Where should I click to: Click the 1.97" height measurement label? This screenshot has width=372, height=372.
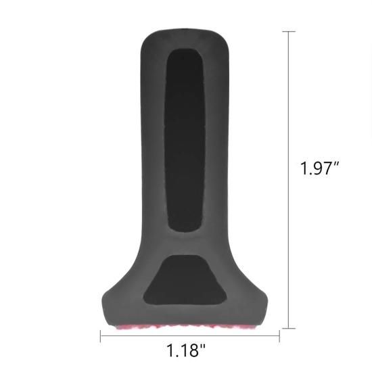click(320, 168)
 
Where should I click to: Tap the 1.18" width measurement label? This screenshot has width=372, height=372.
click(186, 350)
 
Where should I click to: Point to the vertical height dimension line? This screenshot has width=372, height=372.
click(289, 180)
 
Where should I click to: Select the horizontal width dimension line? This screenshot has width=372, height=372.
click(190, 335)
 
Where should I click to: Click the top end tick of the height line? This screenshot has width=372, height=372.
click(289, 31)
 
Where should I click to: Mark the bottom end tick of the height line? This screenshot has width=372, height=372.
click(289, 328)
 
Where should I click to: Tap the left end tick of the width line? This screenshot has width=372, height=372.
click(101, 336)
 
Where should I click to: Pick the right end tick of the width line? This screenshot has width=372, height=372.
click(279, 336)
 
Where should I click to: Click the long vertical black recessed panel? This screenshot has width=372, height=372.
click(185, 140)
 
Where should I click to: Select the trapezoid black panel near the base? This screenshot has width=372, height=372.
click(185, 280)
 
